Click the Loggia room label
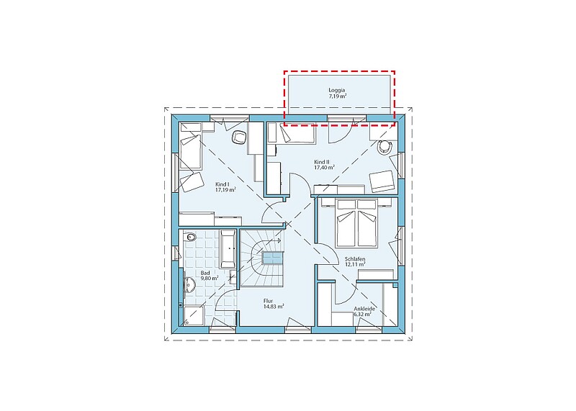[x=337, y=90]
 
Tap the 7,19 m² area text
[x=338, y=96]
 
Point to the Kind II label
[x=321, y=162]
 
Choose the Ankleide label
[x=364, y=309]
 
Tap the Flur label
[x=269, y=301]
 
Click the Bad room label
[x=205, y=273]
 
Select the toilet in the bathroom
[x=190, y=238]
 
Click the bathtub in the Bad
[x=228, y=248]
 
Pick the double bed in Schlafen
[x=356, y=223]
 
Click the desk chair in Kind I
[x=239, y=137]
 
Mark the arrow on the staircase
[x=272, y=240]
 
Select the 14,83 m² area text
[x=274, y=307]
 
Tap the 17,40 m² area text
[x=324, y=168]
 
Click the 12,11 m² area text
[x=355, y=264]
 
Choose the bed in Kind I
[x=191, y=153]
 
